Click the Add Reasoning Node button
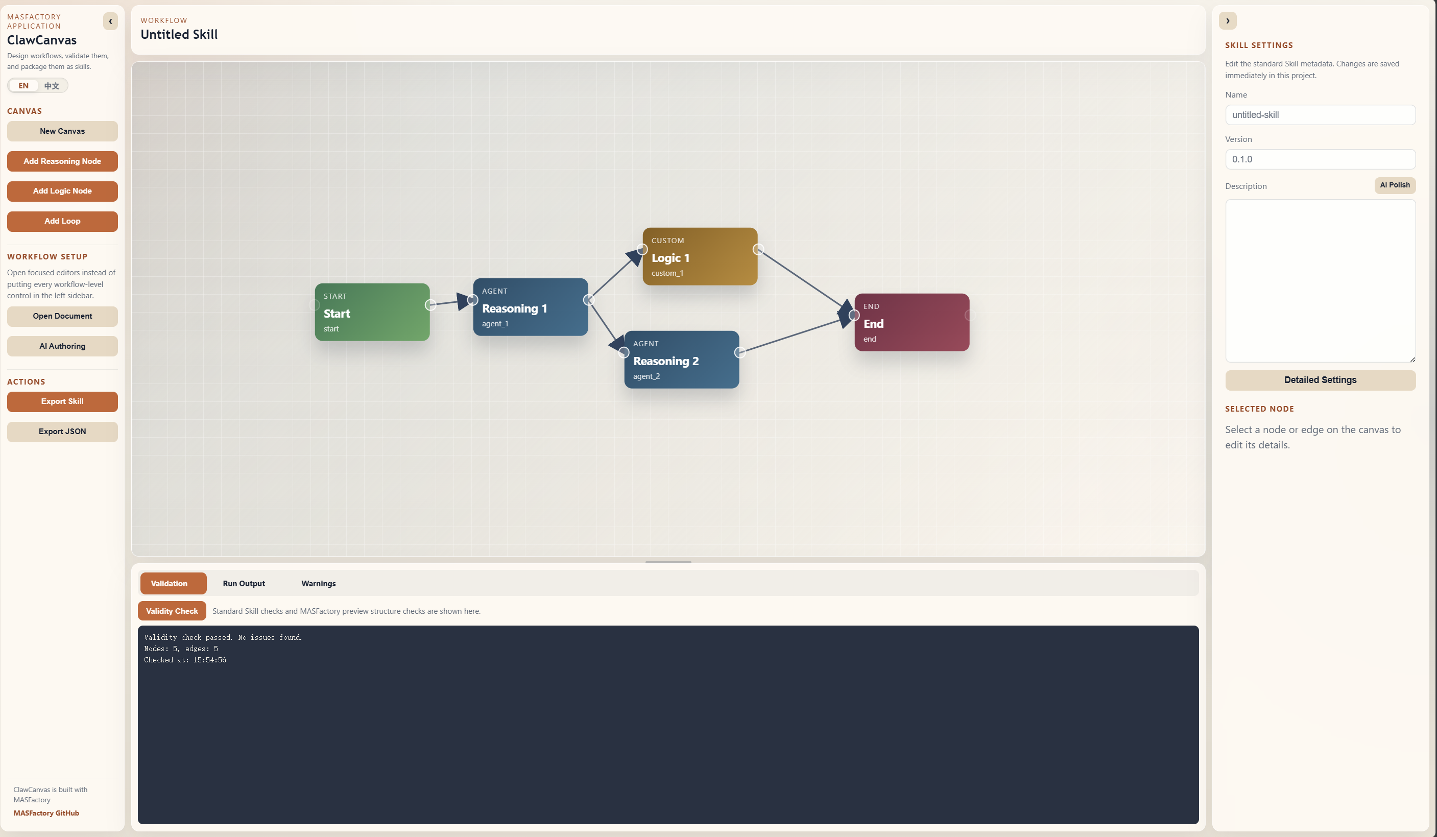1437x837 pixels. point(62,161)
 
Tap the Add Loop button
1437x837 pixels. point(62,221)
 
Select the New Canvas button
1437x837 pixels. point(62,131)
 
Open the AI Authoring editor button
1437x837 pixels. point(62,346)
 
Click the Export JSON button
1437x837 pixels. point(62,432)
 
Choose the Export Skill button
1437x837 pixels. point(62,401)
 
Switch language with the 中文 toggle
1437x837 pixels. point(52,85)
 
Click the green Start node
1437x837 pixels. point(372,312)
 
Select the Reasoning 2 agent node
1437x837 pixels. point(681,360)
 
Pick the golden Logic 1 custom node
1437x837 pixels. point(700,256)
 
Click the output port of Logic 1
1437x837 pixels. point(758,249)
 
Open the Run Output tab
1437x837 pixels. point(244,583)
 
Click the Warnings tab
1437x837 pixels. point(318,583)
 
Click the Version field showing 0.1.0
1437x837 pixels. point(1320,159)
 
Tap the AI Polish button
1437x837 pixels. point(1394,185)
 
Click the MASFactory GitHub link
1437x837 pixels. point(46,813)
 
